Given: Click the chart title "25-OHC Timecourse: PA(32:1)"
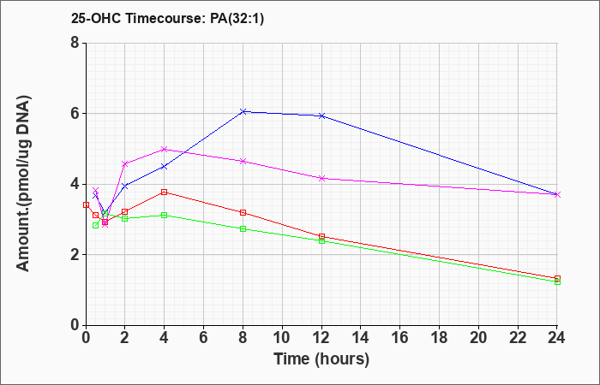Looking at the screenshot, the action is pyautogui.click(x=167, y=18).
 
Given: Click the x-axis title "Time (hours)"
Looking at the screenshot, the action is pyautogui.click(x=321, y=359).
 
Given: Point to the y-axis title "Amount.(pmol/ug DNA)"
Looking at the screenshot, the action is pyautogui.click(x=23, y=184).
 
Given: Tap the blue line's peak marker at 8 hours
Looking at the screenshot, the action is pyautogui.click(x=243, y=111).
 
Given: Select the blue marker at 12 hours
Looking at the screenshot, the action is pyautogui.click(x=321, y=115).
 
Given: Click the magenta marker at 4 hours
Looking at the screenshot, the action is pyautogui.click(x=165, y=150).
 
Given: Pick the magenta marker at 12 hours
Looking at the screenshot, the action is pyautogui.click(x=321, y=178).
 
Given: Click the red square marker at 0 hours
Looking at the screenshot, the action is pyautogui.click(x=86, y=204).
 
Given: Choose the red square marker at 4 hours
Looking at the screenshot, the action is pyautogui.click(x=165, y=192).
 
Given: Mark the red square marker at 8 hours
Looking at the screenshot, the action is pyautogui.click(x=243, y=212).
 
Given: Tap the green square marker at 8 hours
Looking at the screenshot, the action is pyautogui.click(x=243, y=228).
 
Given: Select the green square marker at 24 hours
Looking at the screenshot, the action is pyautogui.click(x=557, y=281).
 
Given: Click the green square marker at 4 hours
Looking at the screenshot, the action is pyautogui.click(x=165, y=216).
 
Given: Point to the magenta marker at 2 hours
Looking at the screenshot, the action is pyautogui.click(x=125, y=164).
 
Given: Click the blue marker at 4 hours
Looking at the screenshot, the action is pyautogui.click(x=165, y=167).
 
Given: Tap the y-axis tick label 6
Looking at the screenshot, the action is pyautogui.click(x=75, y=114).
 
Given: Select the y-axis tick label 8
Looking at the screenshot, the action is pyautogui.click(x=75, y=43).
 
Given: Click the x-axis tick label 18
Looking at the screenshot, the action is pyautogui.click(x=440, y=338).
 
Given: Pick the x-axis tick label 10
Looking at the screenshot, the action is pyautogui.click(x=282, y=338).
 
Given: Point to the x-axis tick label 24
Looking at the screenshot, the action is pyautogui.click(x=557, y=338).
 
